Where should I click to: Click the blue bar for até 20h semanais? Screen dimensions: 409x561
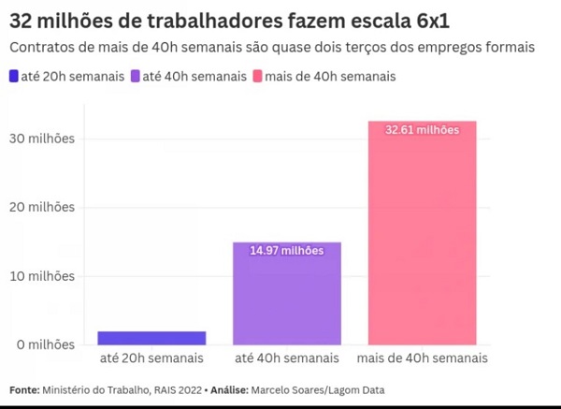click(151, 338)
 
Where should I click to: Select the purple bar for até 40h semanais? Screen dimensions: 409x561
click(286, 293)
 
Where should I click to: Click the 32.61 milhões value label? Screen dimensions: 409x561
click(422, 130)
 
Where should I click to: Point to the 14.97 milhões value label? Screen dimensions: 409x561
click(286, 250)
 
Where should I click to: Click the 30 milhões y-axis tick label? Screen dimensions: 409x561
click(39, 139)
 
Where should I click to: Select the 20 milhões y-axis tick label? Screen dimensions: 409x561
click(39, 207)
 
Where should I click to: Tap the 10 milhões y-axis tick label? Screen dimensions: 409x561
click(39, 276)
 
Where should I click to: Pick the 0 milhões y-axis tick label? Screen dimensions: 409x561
click(43, 344)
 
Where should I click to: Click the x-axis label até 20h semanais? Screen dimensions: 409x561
click(151, 359)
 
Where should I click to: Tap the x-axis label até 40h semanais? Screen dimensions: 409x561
click(286, 359)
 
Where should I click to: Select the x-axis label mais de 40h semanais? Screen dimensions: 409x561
click(422, 359)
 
